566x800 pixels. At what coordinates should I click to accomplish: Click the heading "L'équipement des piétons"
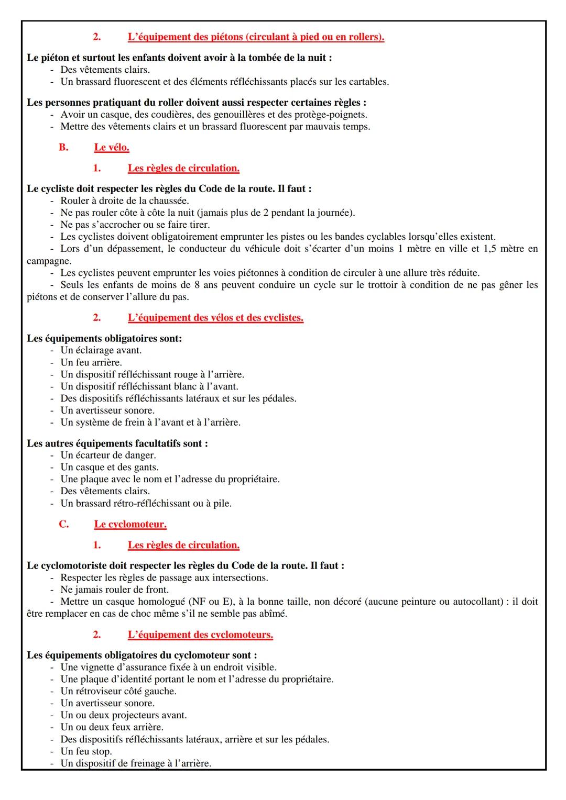[x=255, y=37]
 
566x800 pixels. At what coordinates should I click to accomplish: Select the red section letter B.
[x=63, y=148]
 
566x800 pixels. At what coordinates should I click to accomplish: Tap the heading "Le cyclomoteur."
[x=130, y=524]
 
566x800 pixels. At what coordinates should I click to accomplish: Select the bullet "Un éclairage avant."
[x=101, y=350]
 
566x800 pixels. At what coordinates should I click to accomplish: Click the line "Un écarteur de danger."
[x=108, y=455]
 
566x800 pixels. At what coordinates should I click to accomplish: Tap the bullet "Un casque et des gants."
[x=109, y=468]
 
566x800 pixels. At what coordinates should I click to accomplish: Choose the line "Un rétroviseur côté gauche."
[x=118, y=691]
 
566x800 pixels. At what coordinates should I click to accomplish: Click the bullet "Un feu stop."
[x=86, y=751]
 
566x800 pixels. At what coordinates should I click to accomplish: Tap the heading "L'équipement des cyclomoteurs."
[x=200, y=635]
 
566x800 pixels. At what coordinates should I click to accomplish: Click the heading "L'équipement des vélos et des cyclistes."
[x=215, y=318]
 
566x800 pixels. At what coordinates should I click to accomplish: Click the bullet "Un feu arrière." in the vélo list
[x=91, y=362]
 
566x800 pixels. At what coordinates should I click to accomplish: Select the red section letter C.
[x=63, y=524]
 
